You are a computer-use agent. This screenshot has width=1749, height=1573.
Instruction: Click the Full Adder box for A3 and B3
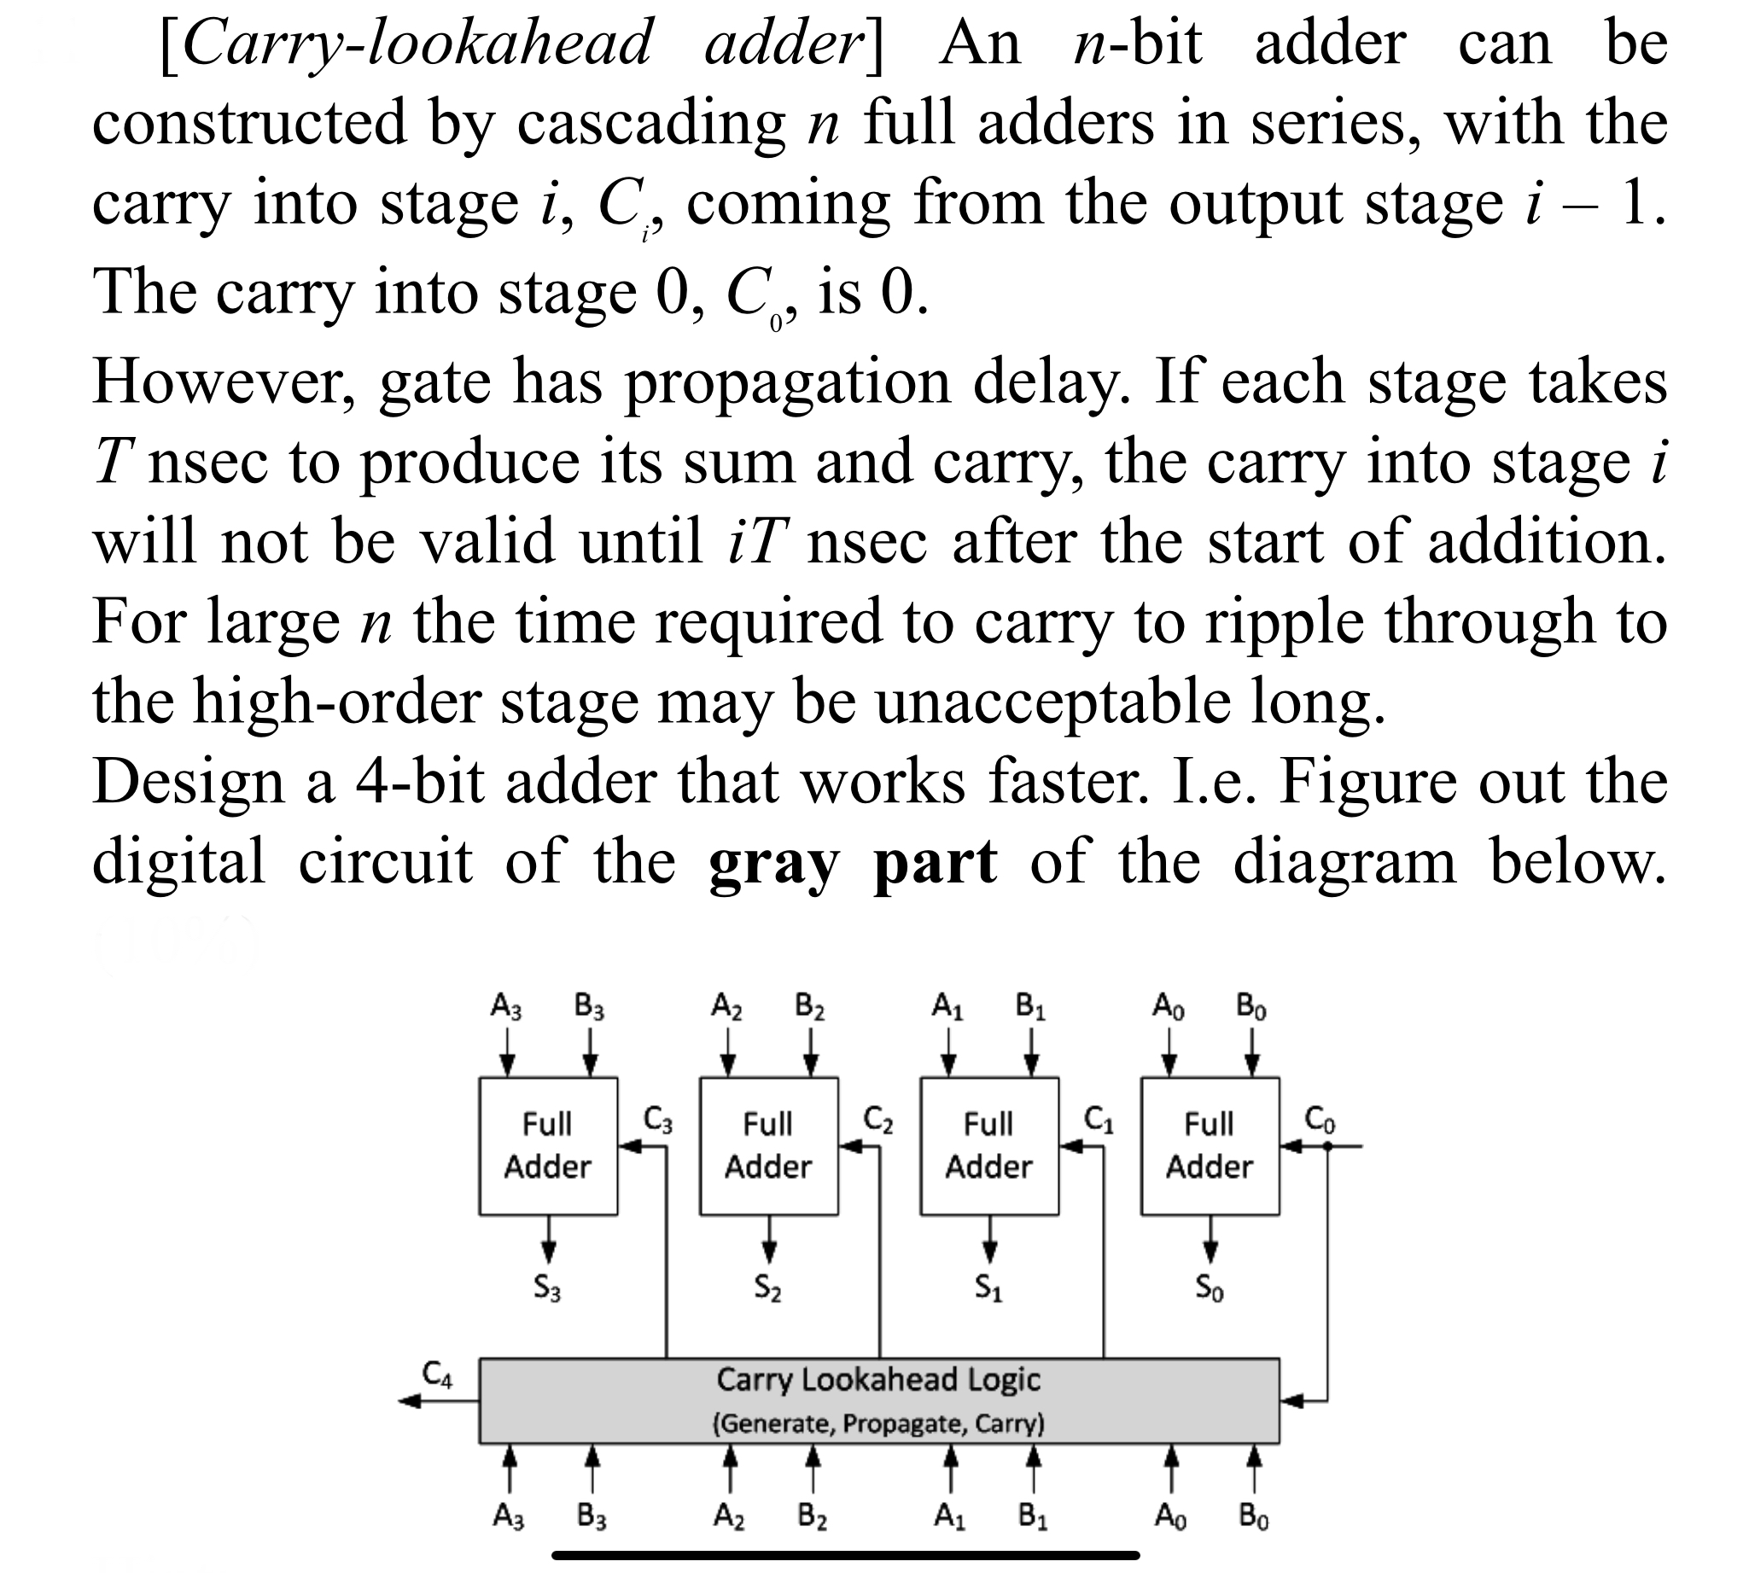(x=548, y=1145)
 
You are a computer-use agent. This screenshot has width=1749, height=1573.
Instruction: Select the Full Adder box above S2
(x=768, y=1145)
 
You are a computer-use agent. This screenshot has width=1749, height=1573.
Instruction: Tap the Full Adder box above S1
(x=989, y=1145)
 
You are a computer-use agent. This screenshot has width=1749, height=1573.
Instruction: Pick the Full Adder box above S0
(x=1210, y=1145)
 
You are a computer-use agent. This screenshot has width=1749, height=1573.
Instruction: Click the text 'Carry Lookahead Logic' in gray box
(x=878, y=1379)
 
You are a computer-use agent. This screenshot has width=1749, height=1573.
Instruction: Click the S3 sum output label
(x=547, y=1289)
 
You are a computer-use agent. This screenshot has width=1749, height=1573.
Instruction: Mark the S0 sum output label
(x=1210, y=1289)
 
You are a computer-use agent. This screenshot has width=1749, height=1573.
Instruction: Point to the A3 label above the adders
(x=507, y=1007)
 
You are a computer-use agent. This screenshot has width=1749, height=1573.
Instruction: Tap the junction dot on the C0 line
(x=1328, y=1146)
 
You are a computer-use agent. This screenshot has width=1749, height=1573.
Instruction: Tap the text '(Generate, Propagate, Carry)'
(x=878, y=1423)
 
